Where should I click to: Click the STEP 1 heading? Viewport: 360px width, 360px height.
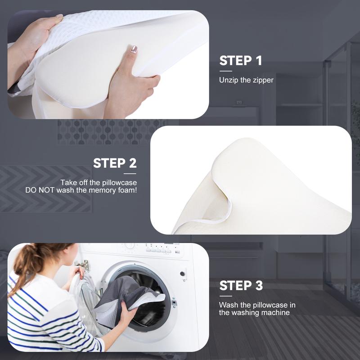point(240,61)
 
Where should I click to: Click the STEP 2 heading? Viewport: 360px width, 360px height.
point(115,163)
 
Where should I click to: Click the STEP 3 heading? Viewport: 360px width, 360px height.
point(241,285)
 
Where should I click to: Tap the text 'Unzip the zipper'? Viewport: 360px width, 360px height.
point(246,80)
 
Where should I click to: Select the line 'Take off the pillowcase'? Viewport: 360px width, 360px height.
point(99,183)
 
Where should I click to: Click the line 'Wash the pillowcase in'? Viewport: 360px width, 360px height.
point(257,305)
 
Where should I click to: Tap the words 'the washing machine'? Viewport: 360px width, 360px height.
point(254,312)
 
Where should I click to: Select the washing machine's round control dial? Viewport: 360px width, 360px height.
point(130,246)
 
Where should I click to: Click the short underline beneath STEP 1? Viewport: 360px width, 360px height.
point(225,71)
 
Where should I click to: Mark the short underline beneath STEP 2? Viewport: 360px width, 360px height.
point(130,173)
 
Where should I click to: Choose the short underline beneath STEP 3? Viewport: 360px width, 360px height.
point(225,296)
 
